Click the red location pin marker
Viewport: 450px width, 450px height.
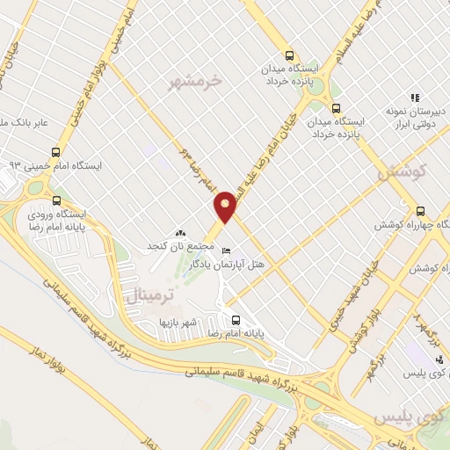[226, 206]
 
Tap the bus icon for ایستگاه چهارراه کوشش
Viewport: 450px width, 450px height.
[420, 211]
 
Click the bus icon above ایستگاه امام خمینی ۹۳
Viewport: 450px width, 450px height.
[56, 151]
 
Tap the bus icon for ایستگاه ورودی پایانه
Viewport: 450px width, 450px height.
[58, 200]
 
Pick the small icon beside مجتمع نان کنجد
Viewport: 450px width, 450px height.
[181, 233]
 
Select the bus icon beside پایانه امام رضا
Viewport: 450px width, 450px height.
[235, 320]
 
